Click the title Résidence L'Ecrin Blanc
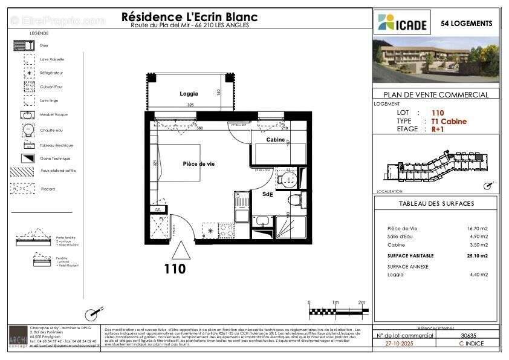click(x=189, y=17)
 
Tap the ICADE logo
click(x=404, y=23)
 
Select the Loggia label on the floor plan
click(x=189, y=94)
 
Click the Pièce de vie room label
click(x=198, y=164)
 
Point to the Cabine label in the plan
click(x=276, y=140)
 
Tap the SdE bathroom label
click(x=267, y=194)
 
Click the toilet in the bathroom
click(x=294, y=200)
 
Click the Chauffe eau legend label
click(x=50, y=130)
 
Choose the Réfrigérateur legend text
click(x=51, y=73)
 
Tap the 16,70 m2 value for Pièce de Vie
click(x=477, y=228)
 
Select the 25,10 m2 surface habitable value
click(x=476, y=256)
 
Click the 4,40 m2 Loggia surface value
click(x=478, y=275)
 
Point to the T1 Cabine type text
click(x=449, y=121)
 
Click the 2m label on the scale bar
click(x=361, y=303)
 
